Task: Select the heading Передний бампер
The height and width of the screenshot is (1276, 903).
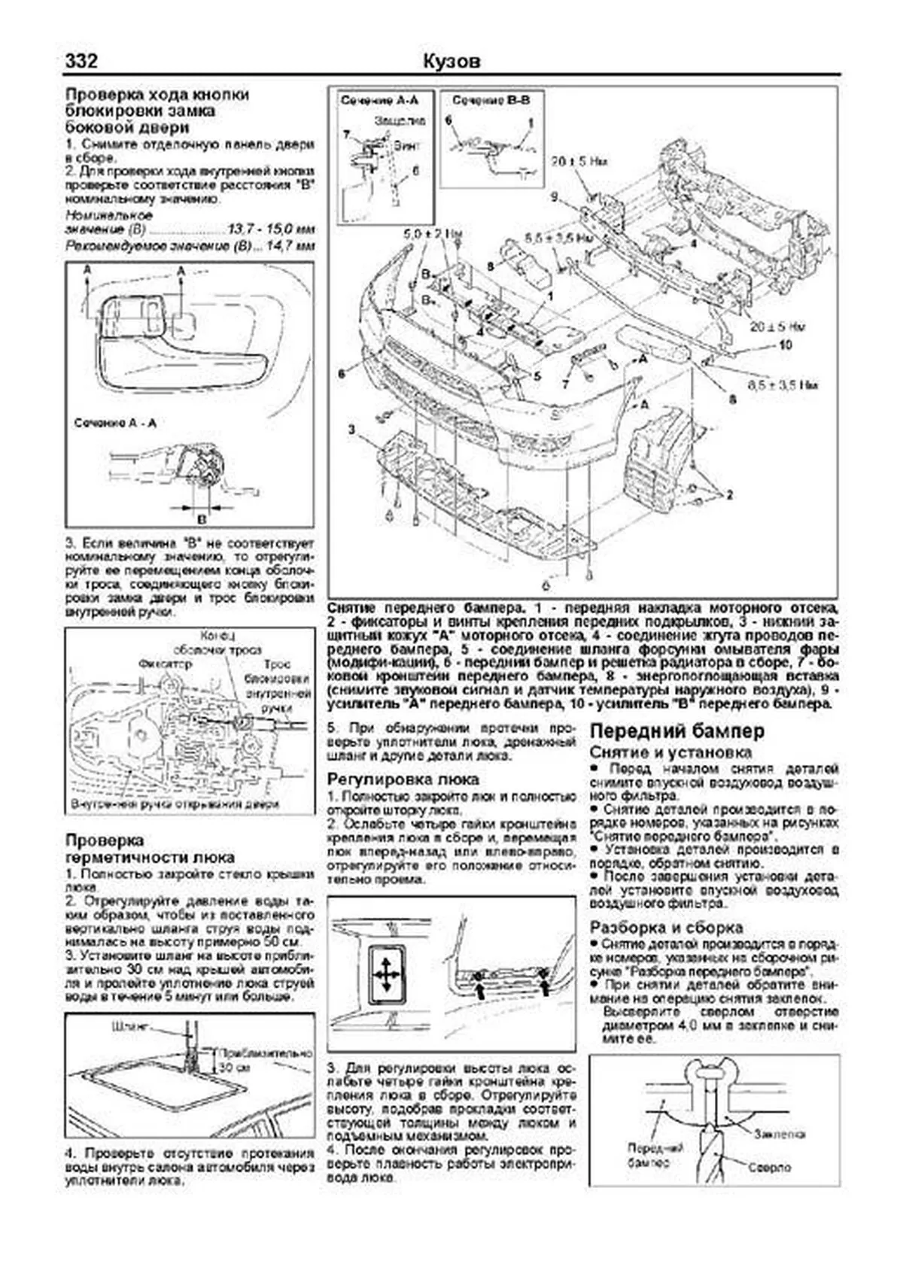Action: click(677, 731)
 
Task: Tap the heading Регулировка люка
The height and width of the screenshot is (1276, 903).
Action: click(403, 779)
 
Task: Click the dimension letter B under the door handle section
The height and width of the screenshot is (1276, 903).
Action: click(201, 518)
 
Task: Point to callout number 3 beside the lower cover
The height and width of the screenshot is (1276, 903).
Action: click(351, 429)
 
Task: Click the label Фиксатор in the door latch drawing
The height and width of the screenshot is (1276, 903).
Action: click(165, 664)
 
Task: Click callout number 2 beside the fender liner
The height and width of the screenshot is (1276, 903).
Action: click(728, 495)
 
